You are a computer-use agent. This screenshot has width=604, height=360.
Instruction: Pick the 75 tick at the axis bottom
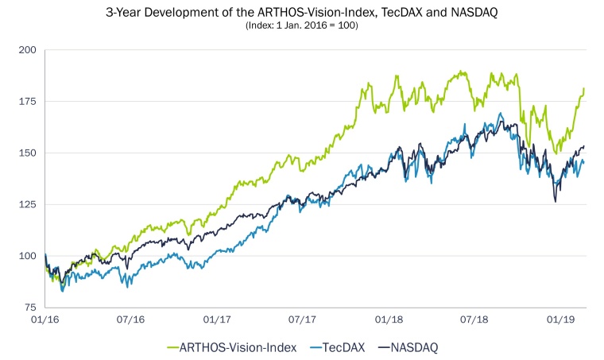click(29, 308)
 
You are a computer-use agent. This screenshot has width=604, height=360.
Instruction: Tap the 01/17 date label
click(216, 320)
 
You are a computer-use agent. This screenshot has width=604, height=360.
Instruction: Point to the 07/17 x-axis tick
click(302, 320)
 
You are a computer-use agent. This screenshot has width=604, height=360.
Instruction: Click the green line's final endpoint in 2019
click(584, 88)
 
